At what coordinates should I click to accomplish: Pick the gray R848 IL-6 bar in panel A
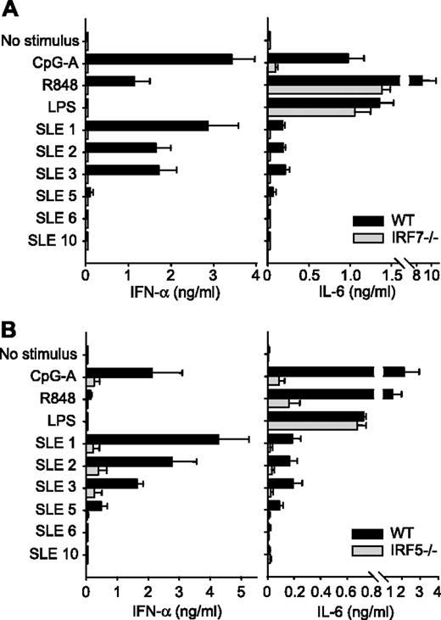point(324,88)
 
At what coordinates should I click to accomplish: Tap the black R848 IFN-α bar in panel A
point(110,81)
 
